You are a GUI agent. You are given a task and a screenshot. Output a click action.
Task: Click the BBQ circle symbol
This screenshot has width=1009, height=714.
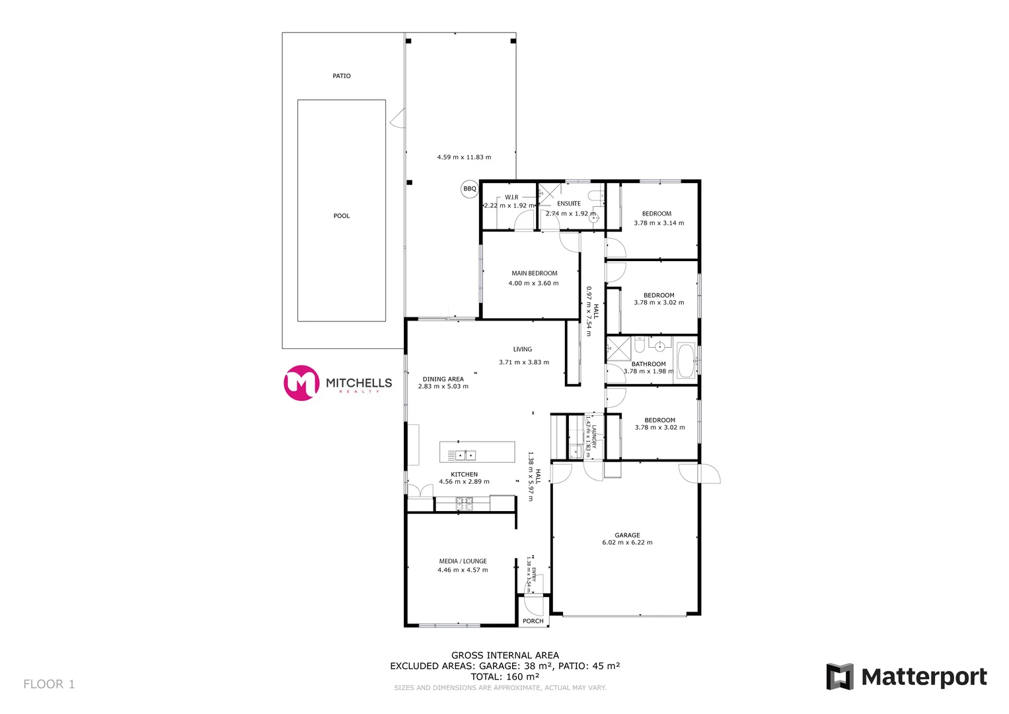click(x=469, y=189)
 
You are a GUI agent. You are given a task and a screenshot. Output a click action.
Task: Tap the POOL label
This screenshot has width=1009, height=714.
click(x=342, y=216)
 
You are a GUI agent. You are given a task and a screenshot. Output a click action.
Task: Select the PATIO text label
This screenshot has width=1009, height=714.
click(x=342, y=76)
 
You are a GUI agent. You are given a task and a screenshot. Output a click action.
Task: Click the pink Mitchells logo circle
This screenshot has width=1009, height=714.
click(x=301, y=383)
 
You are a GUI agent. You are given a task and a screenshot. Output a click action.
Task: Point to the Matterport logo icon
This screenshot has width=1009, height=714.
click(x=840, y=676)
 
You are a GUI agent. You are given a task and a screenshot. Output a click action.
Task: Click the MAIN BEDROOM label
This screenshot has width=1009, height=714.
click(x=534, y=273)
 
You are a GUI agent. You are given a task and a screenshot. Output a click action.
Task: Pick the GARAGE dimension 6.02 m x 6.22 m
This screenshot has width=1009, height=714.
click(x=627, y=543)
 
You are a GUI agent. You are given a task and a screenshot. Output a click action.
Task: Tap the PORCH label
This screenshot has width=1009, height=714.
click(x=533, y=621)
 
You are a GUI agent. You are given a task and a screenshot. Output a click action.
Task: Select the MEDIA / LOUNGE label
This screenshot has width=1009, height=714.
click(x=463, y=561)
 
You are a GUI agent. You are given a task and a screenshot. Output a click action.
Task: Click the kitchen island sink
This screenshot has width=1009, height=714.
click(x=465, y=455)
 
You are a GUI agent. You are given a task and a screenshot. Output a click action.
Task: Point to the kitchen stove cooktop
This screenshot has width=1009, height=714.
click(x=465, y=504)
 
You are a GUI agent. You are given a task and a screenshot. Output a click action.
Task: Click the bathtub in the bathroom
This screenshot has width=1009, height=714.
click(x=686, y=361)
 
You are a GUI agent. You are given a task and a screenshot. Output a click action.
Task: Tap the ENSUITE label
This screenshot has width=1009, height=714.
click(x=569, y=204)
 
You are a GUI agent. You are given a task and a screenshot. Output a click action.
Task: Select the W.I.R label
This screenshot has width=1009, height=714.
click(x=512, y=197)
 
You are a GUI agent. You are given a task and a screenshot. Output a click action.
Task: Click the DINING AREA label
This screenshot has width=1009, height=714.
click(x=443, y=379)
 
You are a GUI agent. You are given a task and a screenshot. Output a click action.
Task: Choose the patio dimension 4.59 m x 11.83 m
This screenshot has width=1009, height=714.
click(x=464, y=157)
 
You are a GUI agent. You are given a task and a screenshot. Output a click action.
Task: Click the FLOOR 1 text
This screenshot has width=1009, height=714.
click(x=49, y=684)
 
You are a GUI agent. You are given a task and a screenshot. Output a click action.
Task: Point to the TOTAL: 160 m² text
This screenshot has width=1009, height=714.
click(x=505, y=677)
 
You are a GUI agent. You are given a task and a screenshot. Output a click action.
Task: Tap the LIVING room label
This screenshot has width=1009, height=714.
click(x=523, y=350)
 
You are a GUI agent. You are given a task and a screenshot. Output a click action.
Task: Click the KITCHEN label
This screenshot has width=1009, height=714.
click(x=465, y=475)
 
